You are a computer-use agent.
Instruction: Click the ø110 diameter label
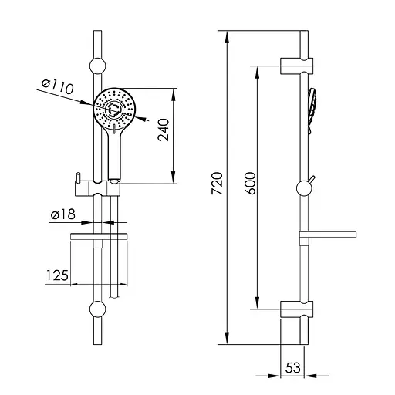[57, 86]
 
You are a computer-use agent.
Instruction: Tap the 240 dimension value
[164, 130]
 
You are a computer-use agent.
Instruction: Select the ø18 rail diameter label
[63, 214]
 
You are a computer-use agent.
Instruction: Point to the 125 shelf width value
[57, 275]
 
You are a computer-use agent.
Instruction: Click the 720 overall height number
[217, 184]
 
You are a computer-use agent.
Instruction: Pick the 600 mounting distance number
[250, 184]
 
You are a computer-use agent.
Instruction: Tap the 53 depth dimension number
[293, 367]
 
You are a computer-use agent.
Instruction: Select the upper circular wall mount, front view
[97, 66]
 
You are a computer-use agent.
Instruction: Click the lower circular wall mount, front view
[97, 309]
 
